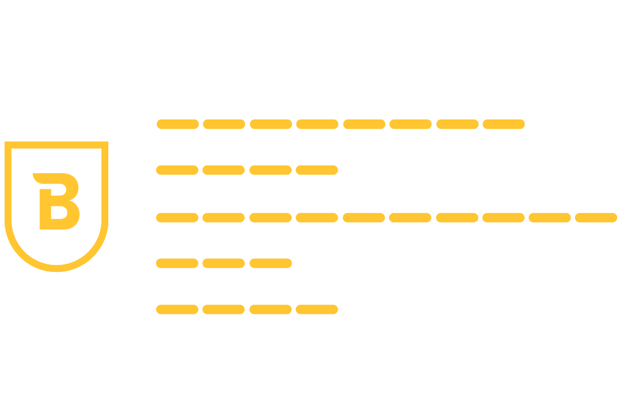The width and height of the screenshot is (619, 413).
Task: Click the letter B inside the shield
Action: point(57,202)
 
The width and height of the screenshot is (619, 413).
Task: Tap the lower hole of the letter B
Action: point(59,213)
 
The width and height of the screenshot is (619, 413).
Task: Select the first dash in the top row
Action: point(178,124)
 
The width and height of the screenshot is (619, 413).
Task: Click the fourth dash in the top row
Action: point(318,124)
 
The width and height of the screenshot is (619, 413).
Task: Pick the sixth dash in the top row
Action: point(410,124)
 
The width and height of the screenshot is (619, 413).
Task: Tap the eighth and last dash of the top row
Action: point(504,124)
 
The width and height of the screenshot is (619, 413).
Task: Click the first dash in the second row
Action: point(177,170)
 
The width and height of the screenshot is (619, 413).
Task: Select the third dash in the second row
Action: point(271,170)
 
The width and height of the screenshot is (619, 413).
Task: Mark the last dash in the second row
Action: point(317,170)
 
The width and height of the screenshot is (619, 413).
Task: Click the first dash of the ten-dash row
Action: point(177,217)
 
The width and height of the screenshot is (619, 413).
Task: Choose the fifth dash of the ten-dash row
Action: point(364,217)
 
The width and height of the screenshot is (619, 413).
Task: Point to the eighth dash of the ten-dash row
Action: point(503,217)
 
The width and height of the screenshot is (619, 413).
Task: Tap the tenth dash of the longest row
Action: point(596,217)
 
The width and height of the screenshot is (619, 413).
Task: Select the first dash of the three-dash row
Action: point(177,263)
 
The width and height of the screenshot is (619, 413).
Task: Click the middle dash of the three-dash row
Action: point(224,263)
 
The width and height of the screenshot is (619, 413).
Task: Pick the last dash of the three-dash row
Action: point(271,263)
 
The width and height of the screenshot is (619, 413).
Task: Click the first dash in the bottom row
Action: point(177,310)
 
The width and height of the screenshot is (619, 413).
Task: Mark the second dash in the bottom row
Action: point(224,310)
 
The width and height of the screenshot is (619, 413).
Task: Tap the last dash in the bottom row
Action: point(317,310)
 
